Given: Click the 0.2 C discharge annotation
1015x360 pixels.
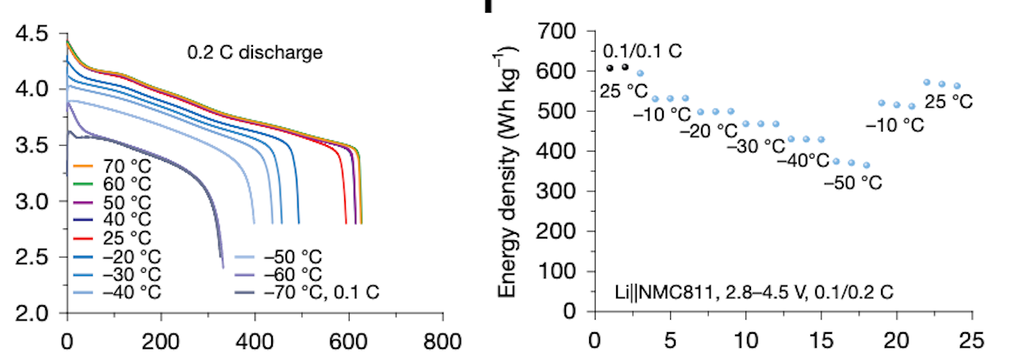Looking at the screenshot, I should pos(255,54).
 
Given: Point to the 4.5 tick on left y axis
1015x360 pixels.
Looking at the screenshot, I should pos(31,33).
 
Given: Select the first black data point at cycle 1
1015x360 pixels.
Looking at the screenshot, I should pos(609,67).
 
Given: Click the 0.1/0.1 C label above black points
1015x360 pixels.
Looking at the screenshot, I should pos(642,51).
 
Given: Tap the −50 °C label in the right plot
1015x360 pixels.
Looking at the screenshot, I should pos(852,183).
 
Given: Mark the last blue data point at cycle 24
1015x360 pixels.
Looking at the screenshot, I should pos(957,85).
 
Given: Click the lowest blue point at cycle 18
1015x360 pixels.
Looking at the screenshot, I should pos(866,165).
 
